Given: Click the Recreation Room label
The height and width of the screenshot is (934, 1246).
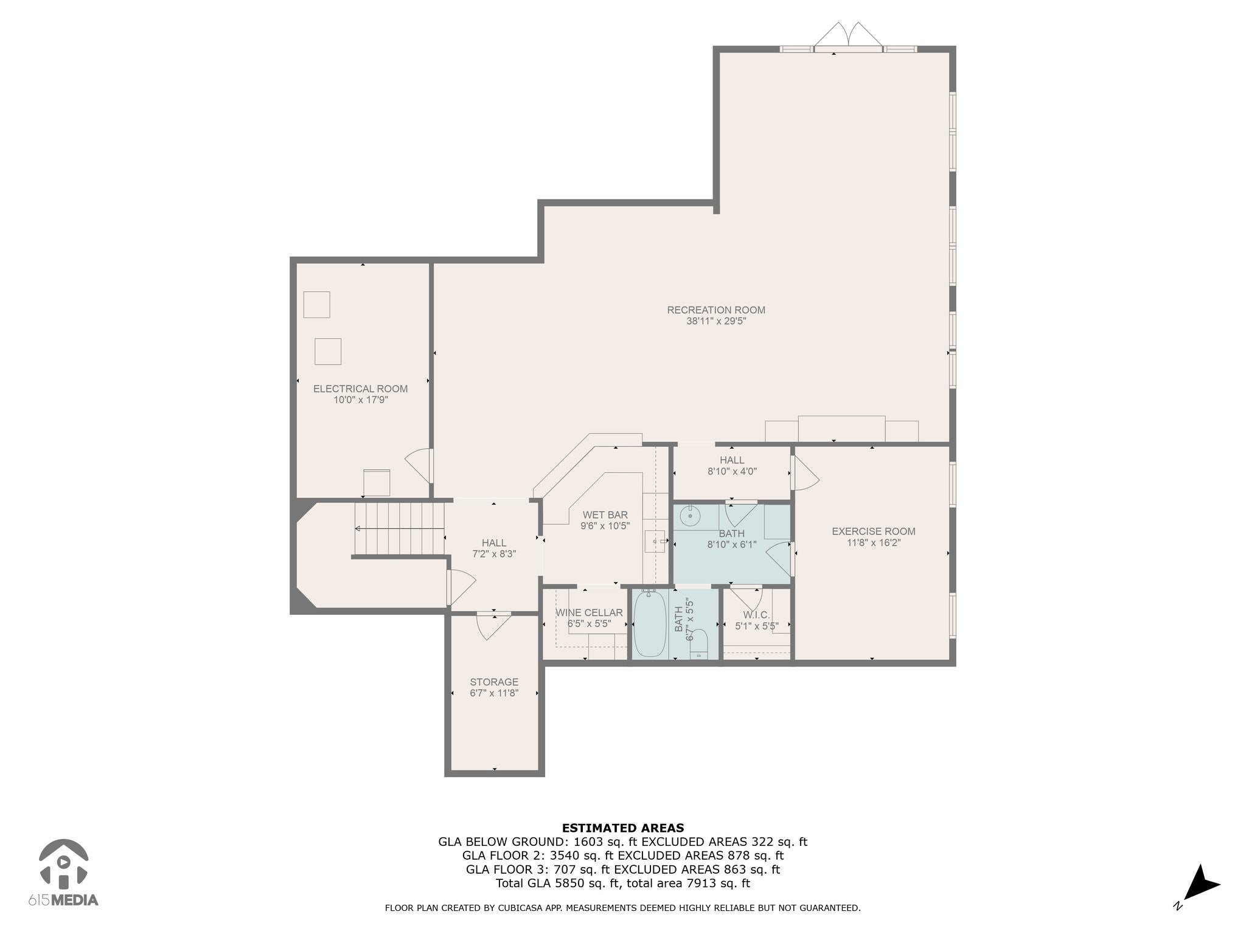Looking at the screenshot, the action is point(716,310).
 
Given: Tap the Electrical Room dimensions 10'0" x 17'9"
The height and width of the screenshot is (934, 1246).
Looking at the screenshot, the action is point(361,400).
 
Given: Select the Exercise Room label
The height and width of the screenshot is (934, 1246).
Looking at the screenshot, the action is point(874,531).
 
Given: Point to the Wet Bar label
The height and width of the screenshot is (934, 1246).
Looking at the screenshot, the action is point(605,515).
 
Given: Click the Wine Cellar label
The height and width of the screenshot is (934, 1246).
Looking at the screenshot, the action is point(589,612).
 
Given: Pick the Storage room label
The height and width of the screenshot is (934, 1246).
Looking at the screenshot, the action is point(494,682).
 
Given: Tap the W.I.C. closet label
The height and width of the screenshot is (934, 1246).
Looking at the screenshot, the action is point(756,615).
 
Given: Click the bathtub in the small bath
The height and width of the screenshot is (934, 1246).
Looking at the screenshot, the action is point(650,624).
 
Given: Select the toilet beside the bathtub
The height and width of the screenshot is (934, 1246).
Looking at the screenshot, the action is point(700,644).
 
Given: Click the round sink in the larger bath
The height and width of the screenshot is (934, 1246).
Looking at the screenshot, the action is point(691,517).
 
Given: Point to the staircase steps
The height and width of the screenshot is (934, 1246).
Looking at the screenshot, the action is point(399,528).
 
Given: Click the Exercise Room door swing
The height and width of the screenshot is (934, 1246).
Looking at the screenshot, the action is point(804,473).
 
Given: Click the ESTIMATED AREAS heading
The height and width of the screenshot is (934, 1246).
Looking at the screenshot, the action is point(623,828).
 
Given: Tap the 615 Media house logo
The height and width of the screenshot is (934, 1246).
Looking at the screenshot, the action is point(64,862).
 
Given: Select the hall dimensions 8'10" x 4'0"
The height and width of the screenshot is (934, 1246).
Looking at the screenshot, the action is point(732,471).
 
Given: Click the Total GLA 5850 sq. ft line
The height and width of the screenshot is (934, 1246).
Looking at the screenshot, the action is point(623,884).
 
